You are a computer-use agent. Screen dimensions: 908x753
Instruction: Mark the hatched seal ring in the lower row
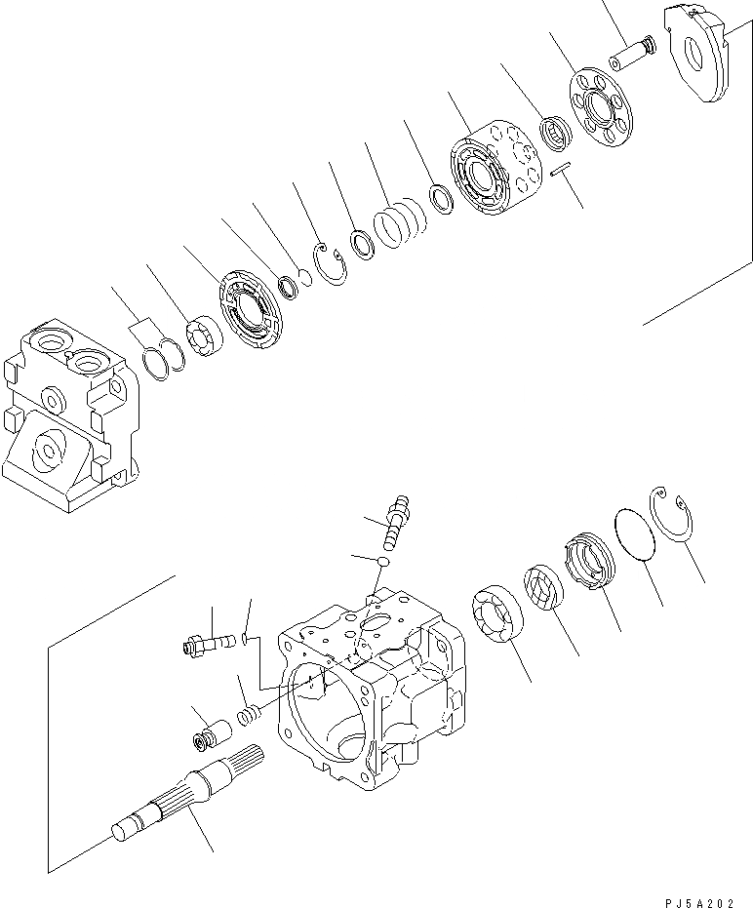(546, 589)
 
